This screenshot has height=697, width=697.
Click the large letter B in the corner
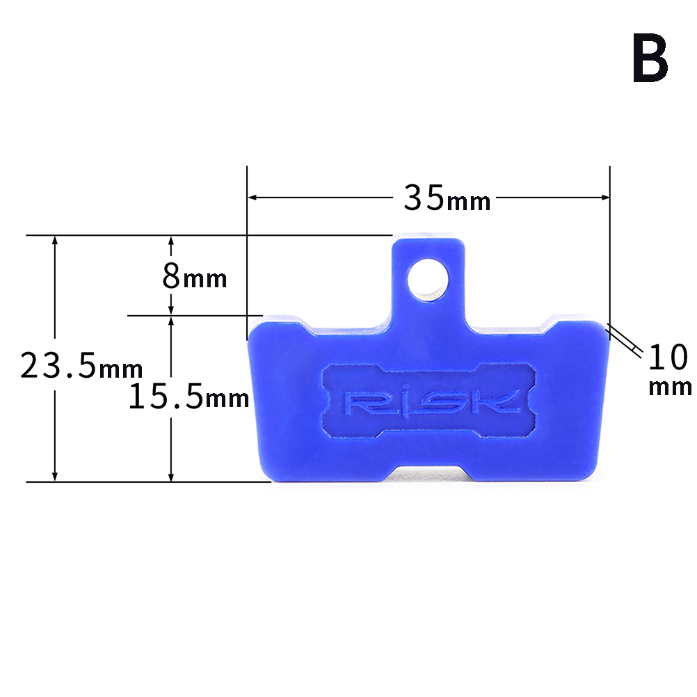coord(650,58)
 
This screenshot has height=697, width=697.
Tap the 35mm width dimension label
coord(447,198)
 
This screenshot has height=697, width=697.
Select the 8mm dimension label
coord(195,276)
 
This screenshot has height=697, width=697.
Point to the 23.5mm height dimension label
coord(81,365)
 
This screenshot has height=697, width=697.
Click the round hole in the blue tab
coord(428,280)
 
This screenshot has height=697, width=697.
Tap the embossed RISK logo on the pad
coord(431,402)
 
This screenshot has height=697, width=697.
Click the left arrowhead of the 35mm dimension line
coord(253,197)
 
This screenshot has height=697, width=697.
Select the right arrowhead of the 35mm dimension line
coord(604,197)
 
